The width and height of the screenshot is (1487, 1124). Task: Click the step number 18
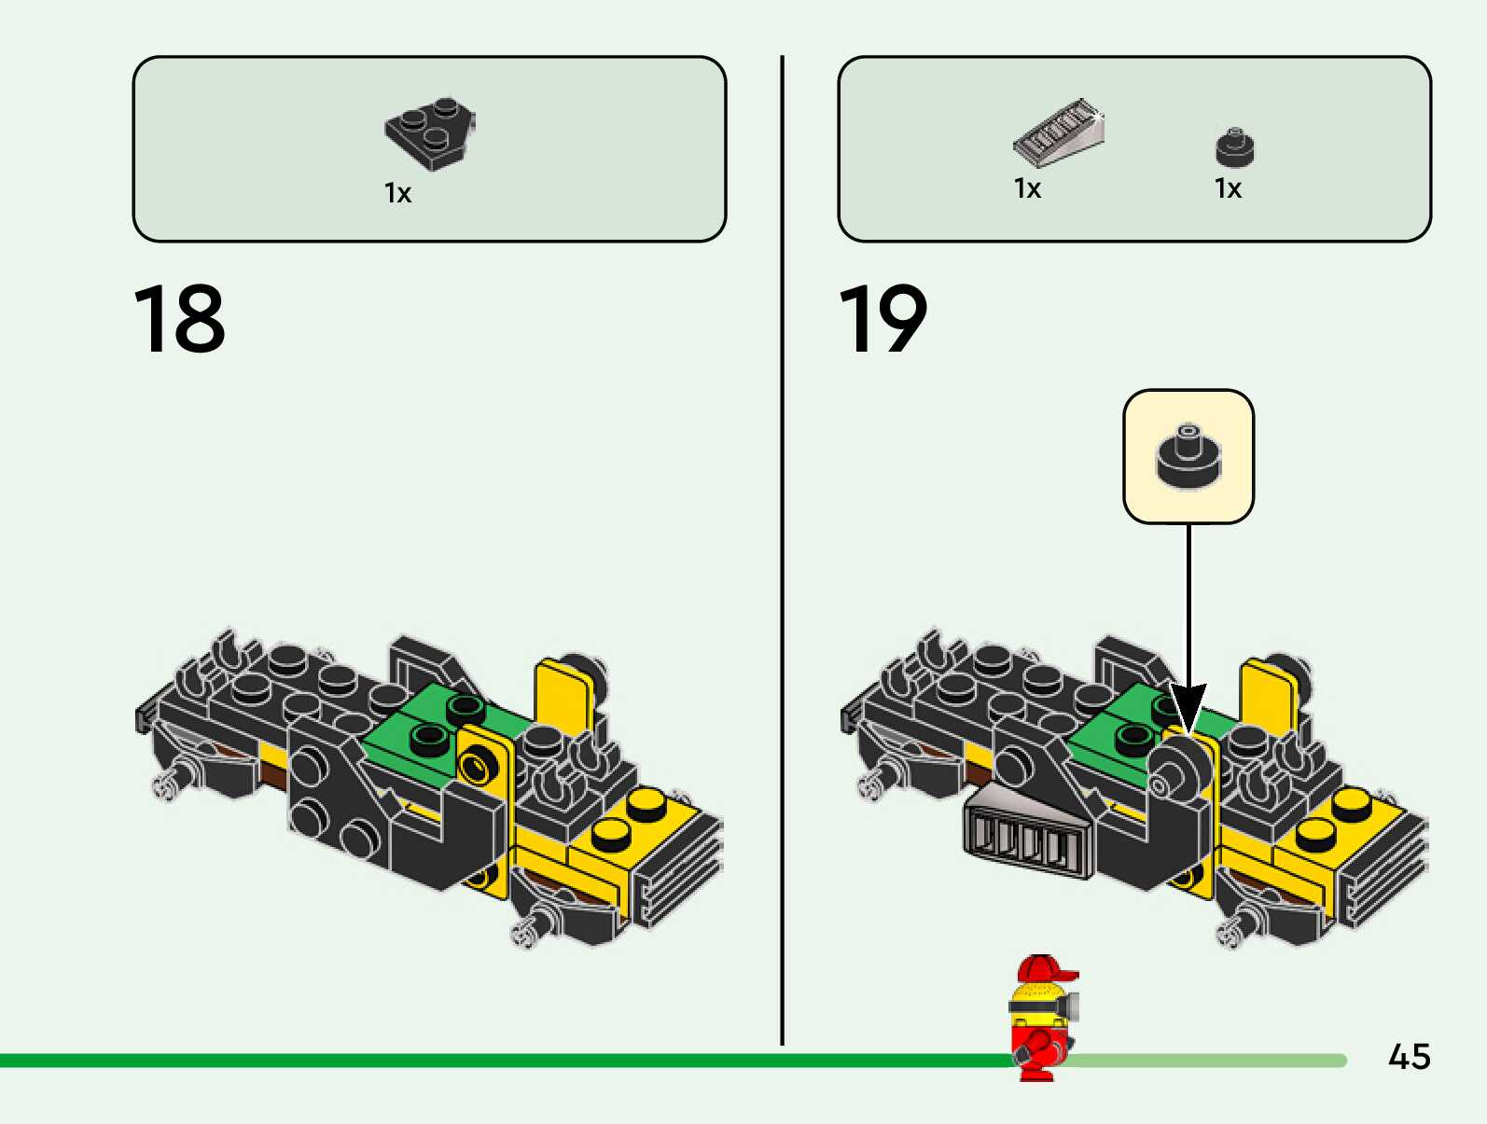tap(179, 320)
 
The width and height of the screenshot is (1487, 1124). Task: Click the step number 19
tap(882, 320)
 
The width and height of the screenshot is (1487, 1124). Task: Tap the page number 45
tap(1409, 1057)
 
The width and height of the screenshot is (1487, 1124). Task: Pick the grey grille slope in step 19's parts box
tap(1059, 132)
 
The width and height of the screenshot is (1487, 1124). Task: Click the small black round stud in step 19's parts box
tap(1234, 147)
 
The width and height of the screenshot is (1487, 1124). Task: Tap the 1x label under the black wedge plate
tap(397, 193)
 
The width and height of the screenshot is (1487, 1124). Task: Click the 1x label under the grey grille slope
tap(1027, 188)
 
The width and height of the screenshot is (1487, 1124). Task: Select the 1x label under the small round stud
tap(1228, 188)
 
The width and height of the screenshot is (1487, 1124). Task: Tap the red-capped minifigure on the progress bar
tap(1042, 1017)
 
